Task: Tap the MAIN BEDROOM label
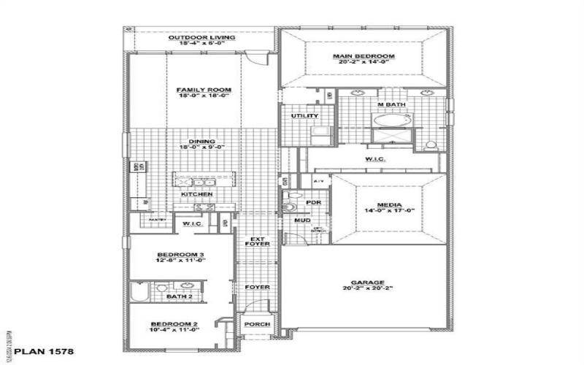point(364,56)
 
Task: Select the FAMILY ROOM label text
point(198,90)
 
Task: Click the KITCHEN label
point(197,194)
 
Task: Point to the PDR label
point(314,202)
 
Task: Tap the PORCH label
point(256,324)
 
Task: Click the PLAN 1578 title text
point(35,350)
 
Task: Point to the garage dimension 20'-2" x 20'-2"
point(363,290)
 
